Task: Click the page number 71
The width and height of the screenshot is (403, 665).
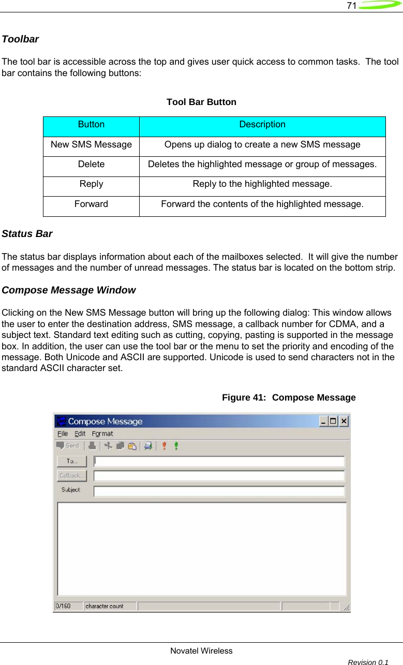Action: tap(351, 6)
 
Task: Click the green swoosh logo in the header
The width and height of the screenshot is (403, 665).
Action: tap(380, 6)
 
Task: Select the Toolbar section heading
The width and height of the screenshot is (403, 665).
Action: tap(20, 39)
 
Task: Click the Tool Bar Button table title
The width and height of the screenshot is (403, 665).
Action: tap(201, 102)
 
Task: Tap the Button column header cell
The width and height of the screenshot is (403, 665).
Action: tap(91, 125)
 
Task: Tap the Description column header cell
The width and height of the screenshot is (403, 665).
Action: tap(262, 125)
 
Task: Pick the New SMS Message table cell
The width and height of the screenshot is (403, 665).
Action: tap(91, 145)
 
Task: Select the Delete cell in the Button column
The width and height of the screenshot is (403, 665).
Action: tap(91, 165)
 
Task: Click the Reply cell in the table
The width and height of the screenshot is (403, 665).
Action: tap(91, 184)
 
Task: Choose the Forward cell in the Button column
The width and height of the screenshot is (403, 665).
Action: tap(91, 204)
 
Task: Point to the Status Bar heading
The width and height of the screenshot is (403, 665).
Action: tap(27, 234)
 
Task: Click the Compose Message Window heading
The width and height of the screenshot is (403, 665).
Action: tap(69, 290)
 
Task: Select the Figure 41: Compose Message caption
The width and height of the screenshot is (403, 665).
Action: tap(289, 397)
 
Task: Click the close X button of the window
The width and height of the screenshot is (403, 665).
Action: tap(344, 421)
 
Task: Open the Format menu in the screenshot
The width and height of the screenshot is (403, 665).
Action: tap(102, 434)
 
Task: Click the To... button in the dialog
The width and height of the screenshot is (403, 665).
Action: tap(71, 461)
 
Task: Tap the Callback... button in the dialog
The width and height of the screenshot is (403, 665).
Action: tap(71, 476)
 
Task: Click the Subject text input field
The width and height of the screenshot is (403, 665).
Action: tap(219, 491)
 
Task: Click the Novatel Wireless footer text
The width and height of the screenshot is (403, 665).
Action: tap(201, 651)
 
